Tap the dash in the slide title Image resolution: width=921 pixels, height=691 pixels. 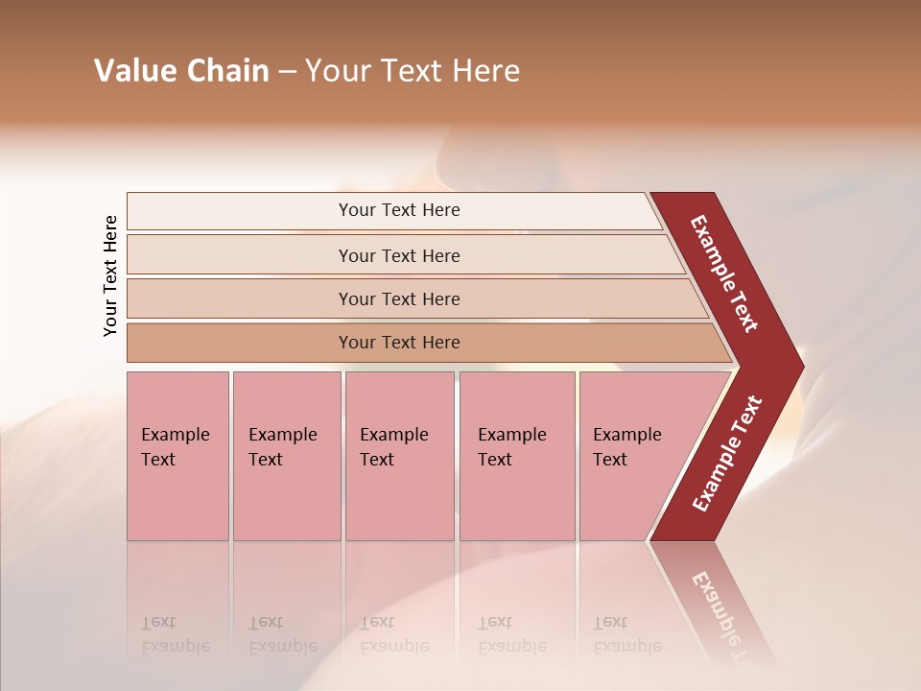tap(288, 72)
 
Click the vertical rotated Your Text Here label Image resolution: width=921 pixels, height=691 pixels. tap(110, 275)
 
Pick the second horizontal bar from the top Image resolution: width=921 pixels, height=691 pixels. tap(398, 255)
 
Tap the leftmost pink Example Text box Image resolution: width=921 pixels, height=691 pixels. tap(177, 456)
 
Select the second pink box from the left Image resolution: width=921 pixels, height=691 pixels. tap(287, 456)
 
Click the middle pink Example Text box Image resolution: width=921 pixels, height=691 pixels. tap(399, 456)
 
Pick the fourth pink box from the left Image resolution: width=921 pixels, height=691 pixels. tap(517, 456)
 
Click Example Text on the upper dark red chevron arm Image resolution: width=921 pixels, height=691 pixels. tap(724, 274)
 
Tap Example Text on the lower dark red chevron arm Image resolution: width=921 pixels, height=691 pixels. tap(727, 454)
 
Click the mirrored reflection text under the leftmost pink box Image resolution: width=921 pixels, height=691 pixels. tap(175, 634)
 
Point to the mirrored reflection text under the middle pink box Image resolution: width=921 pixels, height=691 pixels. tap(393, 634)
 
